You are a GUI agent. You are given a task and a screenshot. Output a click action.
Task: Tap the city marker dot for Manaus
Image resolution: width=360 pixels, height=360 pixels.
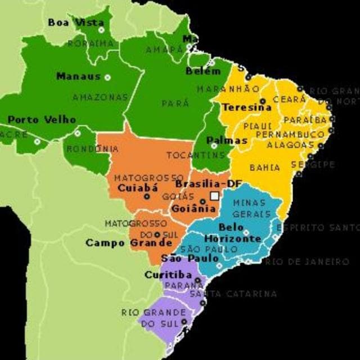tap(107, 77)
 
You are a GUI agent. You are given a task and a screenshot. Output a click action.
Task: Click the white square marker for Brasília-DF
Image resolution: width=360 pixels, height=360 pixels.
tap(214, 196)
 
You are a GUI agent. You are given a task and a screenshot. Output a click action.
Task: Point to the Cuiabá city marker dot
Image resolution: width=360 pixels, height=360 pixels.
tap(147, 196)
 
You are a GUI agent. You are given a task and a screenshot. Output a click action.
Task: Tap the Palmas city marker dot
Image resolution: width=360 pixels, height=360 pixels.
tap(214, 146)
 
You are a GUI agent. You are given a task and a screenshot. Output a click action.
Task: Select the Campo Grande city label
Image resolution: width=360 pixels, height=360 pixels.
tap(129, 243)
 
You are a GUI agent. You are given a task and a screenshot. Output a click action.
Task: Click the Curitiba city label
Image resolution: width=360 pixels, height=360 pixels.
tap(168, 275)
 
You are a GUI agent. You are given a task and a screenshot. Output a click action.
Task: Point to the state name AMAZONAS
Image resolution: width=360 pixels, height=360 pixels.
tap(100, 97)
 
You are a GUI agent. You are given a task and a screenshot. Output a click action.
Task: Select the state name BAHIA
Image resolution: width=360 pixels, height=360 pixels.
tap(264, 168)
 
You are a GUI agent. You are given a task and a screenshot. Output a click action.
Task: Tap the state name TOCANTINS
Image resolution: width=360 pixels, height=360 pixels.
tap(195, 155)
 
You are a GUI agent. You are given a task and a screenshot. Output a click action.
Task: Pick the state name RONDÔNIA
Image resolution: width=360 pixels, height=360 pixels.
tap(93, 149)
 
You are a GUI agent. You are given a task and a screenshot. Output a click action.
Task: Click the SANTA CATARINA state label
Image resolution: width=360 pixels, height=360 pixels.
tap(233, 294)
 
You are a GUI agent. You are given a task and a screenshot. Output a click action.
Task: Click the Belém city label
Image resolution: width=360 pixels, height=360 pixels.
tap(202, 71)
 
